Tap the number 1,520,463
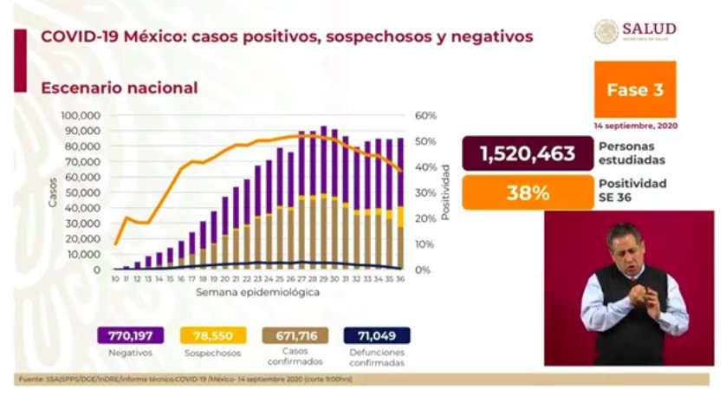(527, 154)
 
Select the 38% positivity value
(527, 192)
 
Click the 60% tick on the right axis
(425, 115)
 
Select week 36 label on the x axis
(399, 279)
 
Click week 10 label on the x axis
(115, 279)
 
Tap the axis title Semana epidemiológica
(256, 293)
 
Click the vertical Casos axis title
(53, 192)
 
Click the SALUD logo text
(648, 29)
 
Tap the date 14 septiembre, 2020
(636, 125)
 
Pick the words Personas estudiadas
(632, 153)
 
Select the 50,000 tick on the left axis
(86, 192)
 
